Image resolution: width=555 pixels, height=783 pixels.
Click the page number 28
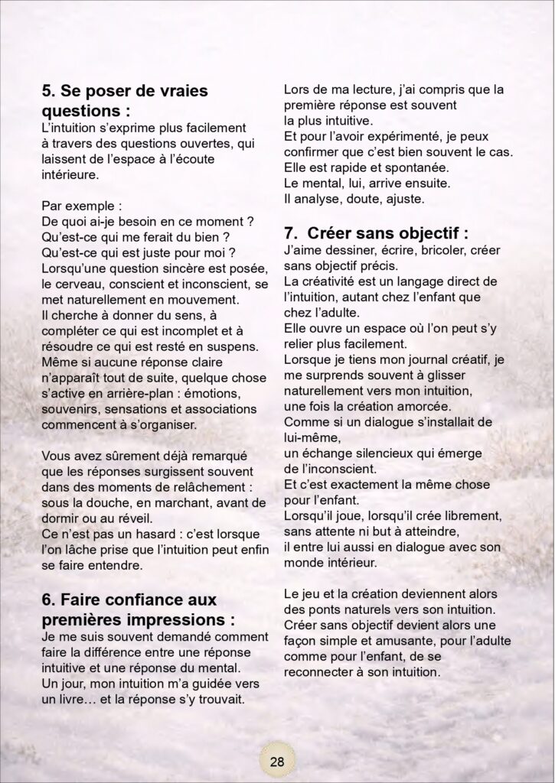(x=277, y=761)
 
